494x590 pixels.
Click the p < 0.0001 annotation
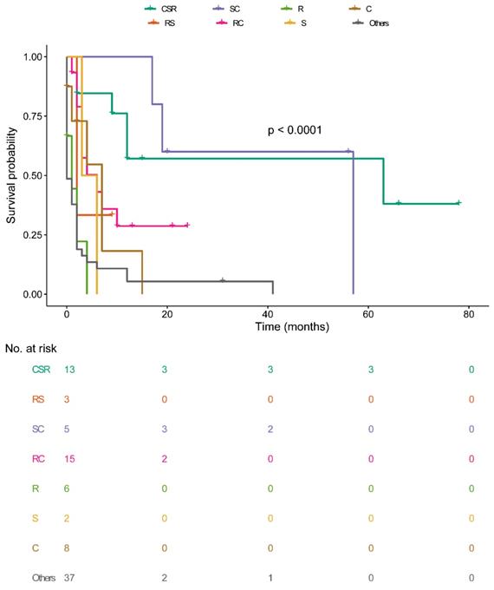pyautogui.click(x=295, y=130)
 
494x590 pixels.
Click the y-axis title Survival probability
pyautogui.click(x=12, y=176)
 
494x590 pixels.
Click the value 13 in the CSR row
pyautogui.click(x=70, y=370)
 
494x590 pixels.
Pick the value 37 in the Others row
pyautogui.click(x=70, y=577)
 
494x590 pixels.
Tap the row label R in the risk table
pyautogui.click(x=36, y=488)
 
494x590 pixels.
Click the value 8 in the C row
pyautogui.click(x=67, y=547)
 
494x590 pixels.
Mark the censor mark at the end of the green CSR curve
pyautogui.click(x=458, y=203)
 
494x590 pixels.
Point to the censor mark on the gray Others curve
pyautogui.click(x=223, y=280)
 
